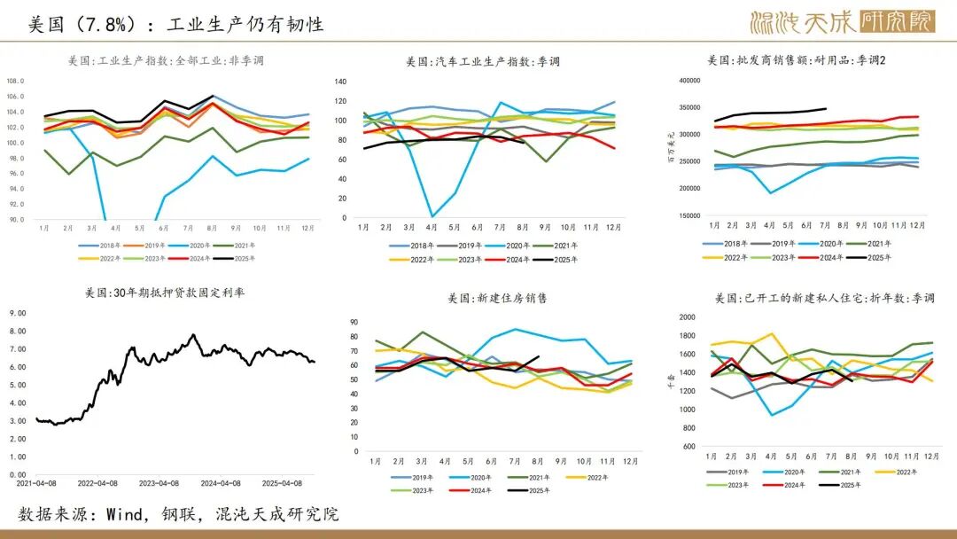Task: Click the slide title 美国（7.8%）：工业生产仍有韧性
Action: pos(175,24)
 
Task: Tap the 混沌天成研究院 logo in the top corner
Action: pos(841,21)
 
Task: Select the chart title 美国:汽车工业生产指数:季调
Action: pos(483,61)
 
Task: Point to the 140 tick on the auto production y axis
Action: pos(340,81)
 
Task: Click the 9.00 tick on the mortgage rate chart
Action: pos(19,313)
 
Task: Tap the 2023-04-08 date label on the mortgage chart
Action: pos(156,484)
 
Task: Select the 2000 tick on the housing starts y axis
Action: pos(687,317)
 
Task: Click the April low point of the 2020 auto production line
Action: pos(432,215)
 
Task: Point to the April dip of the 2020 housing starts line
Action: pos(771,415)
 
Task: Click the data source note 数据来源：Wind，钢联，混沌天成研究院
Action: pos(178,514)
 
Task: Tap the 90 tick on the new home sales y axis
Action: pos(354,323)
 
